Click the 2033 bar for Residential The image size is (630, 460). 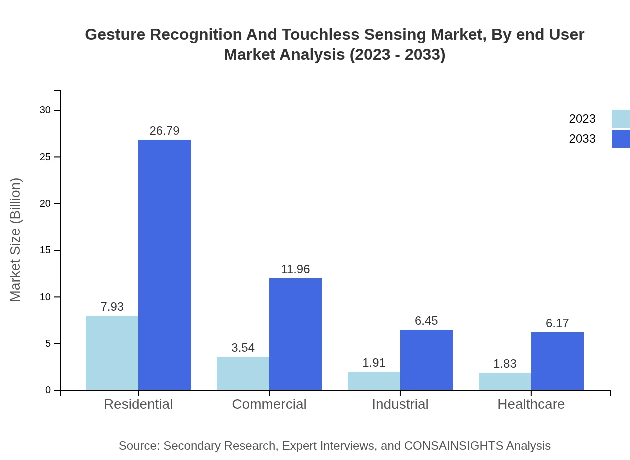click(x=164, y=265)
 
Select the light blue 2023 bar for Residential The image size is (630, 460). click(x=112, y=353)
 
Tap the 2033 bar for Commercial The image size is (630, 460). click(x=295, y=334)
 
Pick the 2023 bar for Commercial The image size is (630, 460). click(x=243, y=373)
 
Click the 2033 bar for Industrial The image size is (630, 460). click(x=426, y=360)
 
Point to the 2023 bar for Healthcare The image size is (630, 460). click(x=505, y=381)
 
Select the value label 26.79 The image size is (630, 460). click(x=164, y=131)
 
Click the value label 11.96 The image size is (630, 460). click(x=295, y=269)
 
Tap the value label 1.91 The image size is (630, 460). click(x=374, y=363)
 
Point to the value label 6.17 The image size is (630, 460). click(x=557, y=323)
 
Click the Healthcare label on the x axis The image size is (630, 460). click(x=531, y=404)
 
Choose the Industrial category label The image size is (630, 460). click(x=400, y=404)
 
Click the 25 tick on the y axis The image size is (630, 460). click(x=45, y=157)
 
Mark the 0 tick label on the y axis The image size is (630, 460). click(x=48, y=390)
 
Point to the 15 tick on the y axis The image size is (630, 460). click(x=45, y=250)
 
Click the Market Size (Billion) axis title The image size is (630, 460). click(x=15, y=240)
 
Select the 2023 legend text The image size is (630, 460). click(x=582, y=119)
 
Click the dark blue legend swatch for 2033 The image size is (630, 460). click(x=620, y=139)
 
